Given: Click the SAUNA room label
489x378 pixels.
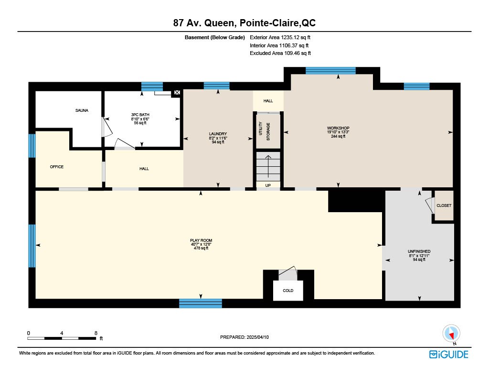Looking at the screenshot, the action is coord(82,110).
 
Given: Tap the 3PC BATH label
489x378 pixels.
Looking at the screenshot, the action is coord(140,115).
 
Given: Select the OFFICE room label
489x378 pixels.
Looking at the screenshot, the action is coord(57,167).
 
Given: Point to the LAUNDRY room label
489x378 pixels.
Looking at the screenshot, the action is coord(218,134).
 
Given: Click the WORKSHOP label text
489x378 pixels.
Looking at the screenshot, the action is coord(339,128).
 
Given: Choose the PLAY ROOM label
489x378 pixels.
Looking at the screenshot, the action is coord(201,240).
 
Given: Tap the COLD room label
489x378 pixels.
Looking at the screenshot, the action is coord(288,291).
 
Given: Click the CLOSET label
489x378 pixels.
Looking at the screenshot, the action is coord(444,205).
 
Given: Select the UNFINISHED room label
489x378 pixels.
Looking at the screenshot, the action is coord(419,251).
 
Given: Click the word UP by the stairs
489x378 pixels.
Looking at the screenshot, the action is coord(268,185).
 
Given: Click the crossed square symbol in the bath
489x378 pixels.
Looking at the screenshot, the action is coord(177,92).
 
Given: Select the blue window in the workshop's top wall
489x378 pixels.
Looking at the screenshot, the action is coord(330,71).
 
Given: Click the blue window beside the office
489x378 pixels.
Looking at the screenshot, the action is coord(32,146).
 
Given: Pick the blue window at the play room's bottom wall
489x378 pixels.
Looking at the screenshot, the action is coord(201,303).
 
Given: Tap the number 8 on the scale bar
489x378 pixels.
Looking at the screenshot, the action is coord(96,334).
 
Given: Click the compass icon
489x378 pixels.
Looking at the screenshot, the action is coord(451,334).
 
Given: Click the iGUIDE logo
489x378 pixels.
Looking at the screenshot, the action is coord(449,355).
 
